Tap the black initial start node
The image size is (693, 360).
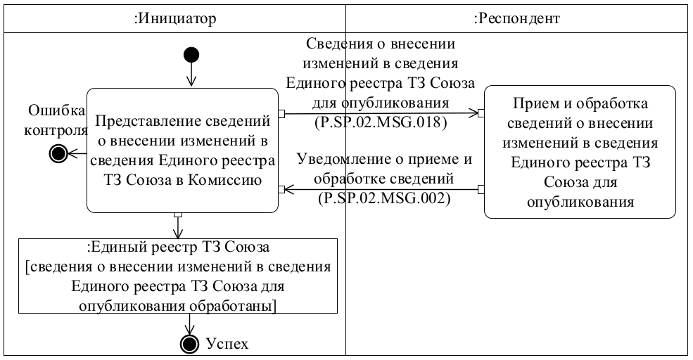click(191, 55)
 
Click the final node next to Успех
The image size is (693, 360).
click(189, 343)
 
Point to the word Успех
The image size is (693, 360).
click(227, 343)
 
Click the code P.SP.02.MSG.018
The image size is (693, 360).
click(381, 120)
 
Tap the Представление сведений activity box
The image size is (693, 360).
click(182, 150)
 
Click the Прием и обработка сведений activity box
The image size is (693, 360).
click(580, 153)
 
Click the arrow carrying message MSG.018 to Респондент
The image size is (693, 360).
click(381, 112)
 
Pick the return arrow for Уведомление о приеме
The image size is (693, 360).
click(381, 188)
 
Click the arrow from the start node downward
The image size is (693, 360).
click(191, 75)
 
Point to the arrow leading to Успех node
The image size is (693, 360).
click(189, 323)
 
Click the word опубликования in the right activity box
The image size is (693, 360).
click(580, 203)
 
